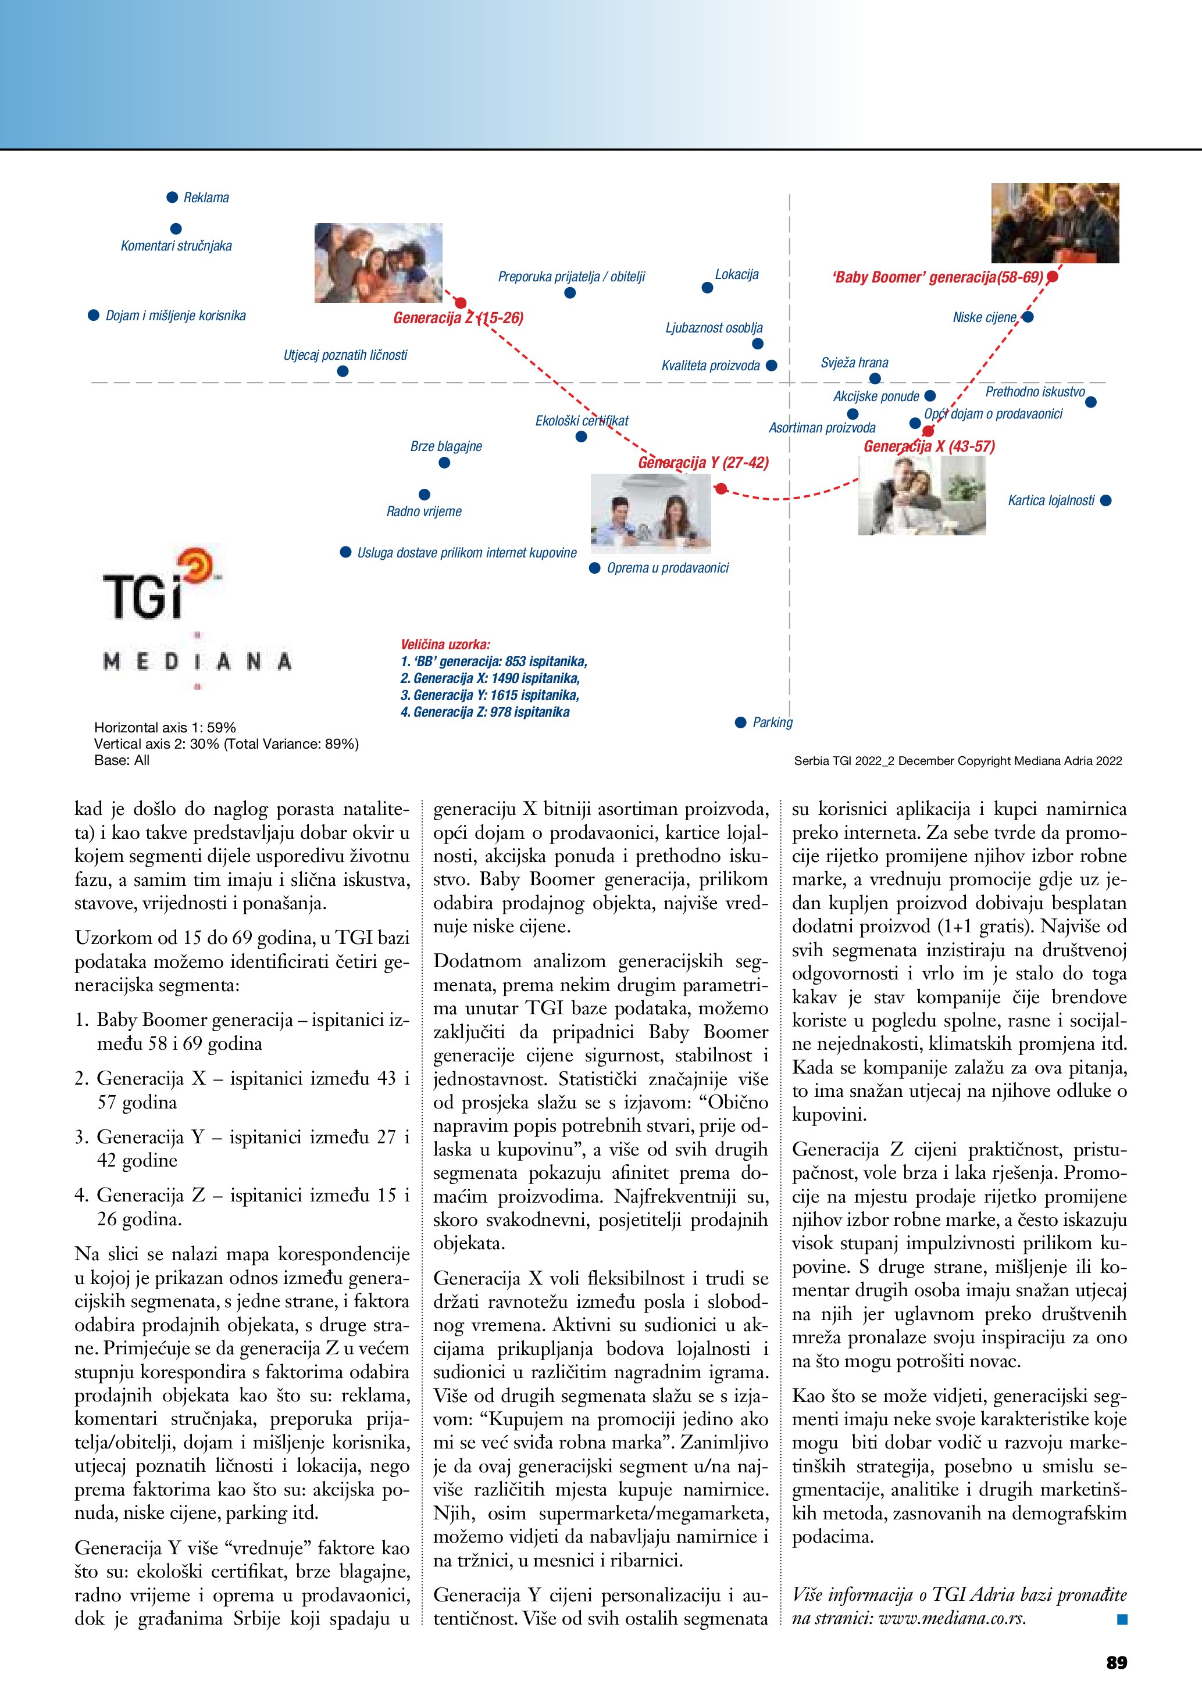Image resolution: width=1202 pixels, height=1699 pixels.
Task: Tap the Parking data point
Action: pos(740,722)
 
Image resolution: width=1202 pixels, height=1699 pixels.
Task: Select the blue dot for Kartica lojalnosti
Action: pos(1106,500)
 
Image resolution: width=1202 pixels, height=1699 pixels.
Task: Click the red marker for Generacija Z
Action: pos(461,303)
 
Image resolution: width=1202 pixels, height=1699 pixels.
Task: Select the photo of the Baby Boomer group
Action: pos(1055,223)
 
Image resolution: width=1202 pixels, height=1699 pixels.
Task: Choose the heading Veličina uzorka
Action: pos(445,645)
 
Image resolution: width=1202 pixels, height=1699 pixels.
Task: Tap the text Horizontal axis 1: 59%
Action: pos(165,727)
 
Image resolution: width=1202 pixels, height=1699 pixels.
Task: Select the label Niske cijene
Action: pos(985,317)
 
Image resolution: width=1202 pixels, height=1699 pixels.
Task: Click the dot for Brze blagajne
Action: pos(444,463)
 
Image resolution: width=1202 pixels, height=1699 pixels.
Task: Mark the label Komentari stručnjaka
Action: pos(176,246)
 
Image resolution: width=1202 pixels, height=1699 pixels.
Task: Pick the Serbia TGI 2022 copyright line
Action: pos(958,761)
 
